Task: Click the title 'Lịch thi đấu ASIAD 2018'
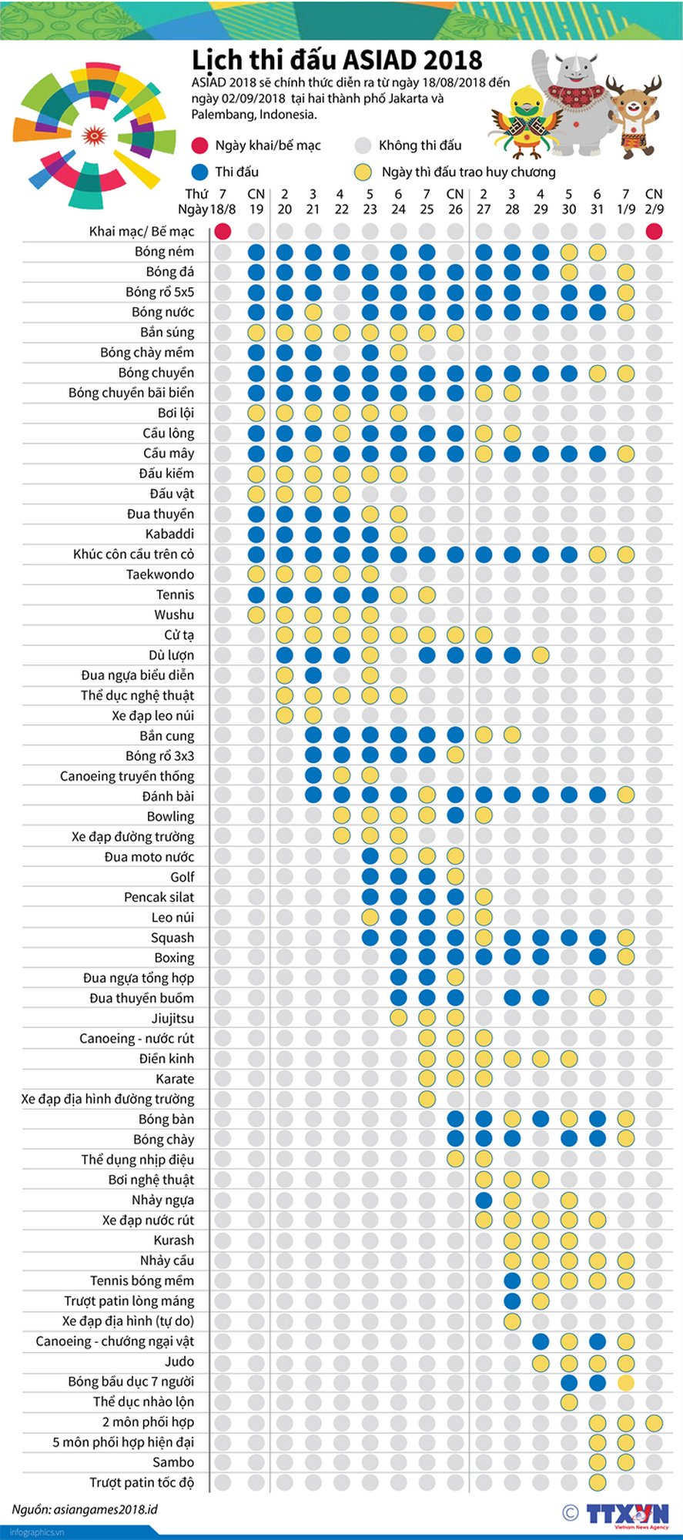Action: (x=337, y=60)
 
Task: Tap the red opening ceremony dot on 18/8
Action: (x=223, y=231)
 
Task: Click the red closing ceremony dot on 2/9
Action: (x=655, y=231)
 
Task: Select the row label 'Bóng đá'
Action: (x=170, y=272)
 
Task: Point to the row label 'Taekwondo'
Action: (x=160, y=574)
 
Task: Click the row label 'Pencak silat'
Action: (x=159, y=897)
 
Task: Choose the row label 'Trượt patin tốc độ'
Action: (x=142, y=1482)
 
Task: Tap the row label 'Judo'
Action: (x=179, y=1361)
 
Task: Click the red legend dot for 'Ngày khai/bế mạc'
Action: (x=200, y=146)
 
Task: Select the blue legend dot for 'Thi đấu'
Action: (x=200, y=172)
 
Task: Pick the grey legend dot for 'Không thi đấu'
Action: (x=363, y=146)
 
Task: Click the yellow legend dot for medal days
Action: (x=363, y=172)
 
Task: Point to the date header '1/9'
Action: (x=626, y=209)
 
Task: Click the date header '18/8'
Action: (x=223, y=209)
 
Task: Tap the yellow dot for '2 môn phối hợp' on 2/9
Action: (x=655, y=1422)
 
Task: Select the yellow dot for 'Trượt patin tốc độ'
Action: (x=598, y=1482)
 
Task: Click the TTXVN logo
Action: (x=628, y=1513)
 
